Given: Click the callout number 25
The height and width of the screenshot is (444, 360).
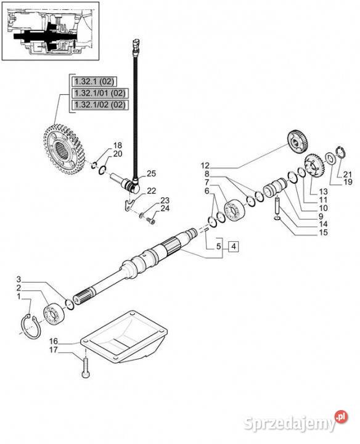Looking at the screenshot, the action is pyautogui.click(x=152, y=173).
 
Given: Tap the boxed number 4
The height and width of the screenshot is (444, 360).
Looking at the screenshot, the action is pyautogui.click(x=234, y=247).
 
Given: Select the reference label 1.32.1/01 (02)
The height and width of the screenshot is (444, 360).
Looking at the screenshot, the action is pyautogui.click(x=100, y=93).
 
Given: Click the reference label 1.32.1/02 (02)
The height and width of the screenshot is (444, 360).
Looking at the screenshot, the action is pyautogui.click(x=100, y=105).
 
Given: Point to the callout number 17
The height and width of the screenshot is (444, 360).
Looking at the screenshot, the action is pyautogui.click(x=54, y=350).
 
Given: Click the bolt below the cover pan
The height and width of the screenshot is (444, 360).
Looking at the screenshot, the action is pyautogui.click(x=86, y=368).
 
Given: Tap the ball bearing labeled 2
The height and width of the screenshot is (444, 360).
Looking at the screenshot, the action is pyautogui.click(x=54, y=314).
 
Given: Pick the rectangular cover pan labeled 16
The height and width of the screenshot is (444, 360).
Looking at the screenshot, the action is pyautogui.click(x=124, y=337).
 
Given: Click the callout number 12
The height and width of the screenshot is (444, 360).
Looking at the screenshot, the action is pyautogui.click(x=205, y=165).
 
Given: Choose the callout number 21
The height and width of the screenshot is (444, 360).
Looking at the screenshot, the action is pyautogui.click(x=347, y=174).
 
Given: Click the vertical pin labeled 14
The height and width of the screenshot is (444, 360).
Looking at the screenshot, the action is pyautogui.click(x=277, y=205).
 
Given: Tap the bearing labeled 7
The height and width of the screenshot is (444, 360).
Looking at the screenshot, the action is pyautogui.click(x=235, y=211).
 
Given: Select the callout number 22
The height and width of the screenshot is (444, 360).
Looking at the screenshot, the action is pyautogui.click(x=152, y=191).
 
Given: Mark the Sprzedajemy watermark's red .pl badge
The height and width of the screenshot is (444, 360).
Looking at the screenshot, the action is pyautogui.click(x=342, y=417).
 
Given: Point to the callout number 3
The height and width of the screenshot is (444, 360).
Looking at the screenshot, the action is pyautogui.click(x=18, y=279).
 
